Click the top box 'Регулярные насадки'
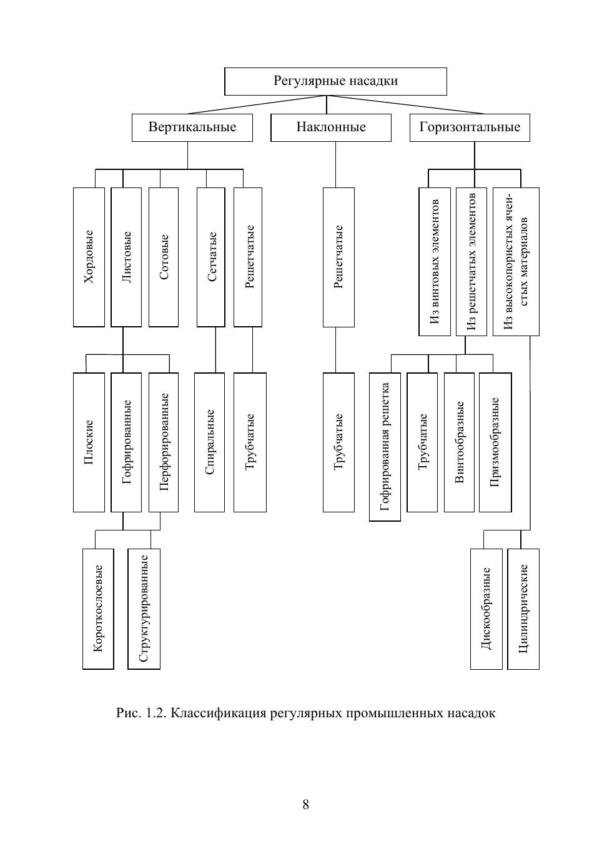[x=335, y=81]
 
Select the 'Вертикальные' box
[x=192, y=127]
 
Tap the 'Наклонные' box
[x=331, y=127]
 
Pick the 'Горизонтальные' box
[x=470, y=127]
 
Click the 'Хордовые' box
[x=89, y=257]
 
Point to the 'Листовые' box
[x=126, y=257]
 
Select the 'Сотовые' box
[x=164, y=257]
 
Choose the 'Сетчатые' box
[x=210, y=257]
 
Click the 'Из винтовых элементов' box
[x=434, y=261]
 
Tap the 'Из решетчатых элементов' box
[x=471, y=261]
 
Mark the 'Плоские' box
[x=89, y=442]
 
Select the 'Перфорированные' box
[x=164, y=442]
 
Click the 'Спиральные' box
[x=209, y=442]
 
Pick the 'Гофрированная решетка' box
[x=385, y=447]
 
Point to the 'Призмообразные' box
[x=495, y=442]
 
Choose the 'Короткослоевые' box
[x=98, y=609]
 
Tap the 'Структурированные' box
[x=144, y=609]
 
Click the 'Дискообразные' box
[x=486, y=609]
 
